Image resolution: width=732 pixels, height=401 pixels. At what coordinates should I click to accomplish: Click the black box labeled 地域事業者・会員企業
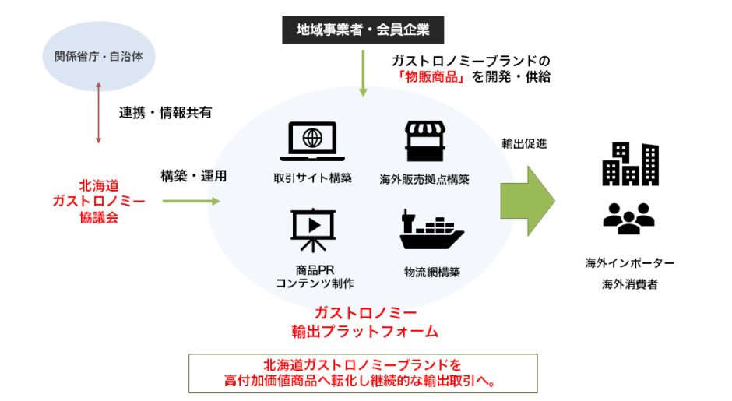point(363,30)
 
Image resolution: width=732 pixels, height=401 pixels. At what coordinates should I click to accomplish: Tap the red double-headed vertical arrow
point(98,115)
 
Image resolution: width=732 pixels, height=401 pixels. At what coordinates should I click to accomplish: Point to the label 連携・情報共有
point(165,112)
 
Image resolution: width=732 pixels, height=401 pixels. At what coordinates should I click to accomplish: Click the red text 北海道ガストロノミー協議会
point(98,201)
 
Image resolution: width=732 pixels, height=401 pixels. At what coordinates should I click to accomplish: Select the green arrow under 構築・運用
point(192,201)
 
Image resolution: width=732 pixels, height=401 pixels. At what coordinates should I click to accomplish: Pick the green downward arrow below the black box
point(362,72)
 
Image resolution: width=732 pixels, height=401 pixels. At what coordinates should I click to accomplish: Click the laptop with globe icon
point(312,140)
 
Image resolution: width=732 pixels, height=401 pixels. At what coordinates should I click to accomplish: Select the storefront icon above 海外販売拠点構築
point(424,141)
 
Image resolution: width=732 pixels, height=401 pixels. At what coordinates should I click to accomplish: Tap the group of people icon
point(630,217)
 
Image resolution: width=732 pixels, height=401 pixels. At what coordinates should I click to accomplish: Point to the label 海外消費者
point(630,284)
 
